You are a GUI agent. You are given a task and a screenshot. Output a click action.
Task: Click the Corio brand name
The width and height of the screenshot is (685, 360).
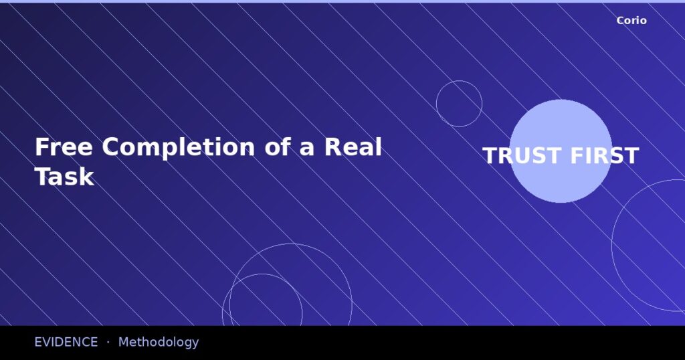point(631,21)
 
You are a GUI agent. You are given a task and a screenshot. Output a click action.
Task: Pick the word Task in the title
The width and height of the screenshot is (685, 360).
point(64,177)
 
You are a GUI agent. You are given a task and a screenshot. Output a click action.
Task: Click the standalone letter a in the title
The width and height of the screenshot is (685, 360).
point(307,149)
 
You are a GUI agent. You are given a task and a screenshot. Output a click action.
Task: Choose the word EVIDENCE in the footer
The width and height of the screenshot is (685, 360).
point(66,342)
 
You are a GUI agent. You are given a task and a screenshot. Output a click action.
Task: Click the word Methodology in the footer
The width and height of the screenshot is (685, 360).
point(159,343)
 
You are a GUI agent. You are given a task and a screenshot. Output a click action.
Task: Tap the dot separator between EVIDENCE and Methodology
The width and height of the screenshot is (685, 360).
point(108,342)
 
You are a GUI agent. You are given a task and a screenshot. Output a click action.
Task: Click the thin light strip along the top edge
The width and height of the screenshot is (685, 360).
point(342,1)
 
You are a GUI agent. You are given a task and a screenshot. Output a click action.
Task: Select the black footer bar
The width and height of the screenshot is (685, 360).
point(435,343)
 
